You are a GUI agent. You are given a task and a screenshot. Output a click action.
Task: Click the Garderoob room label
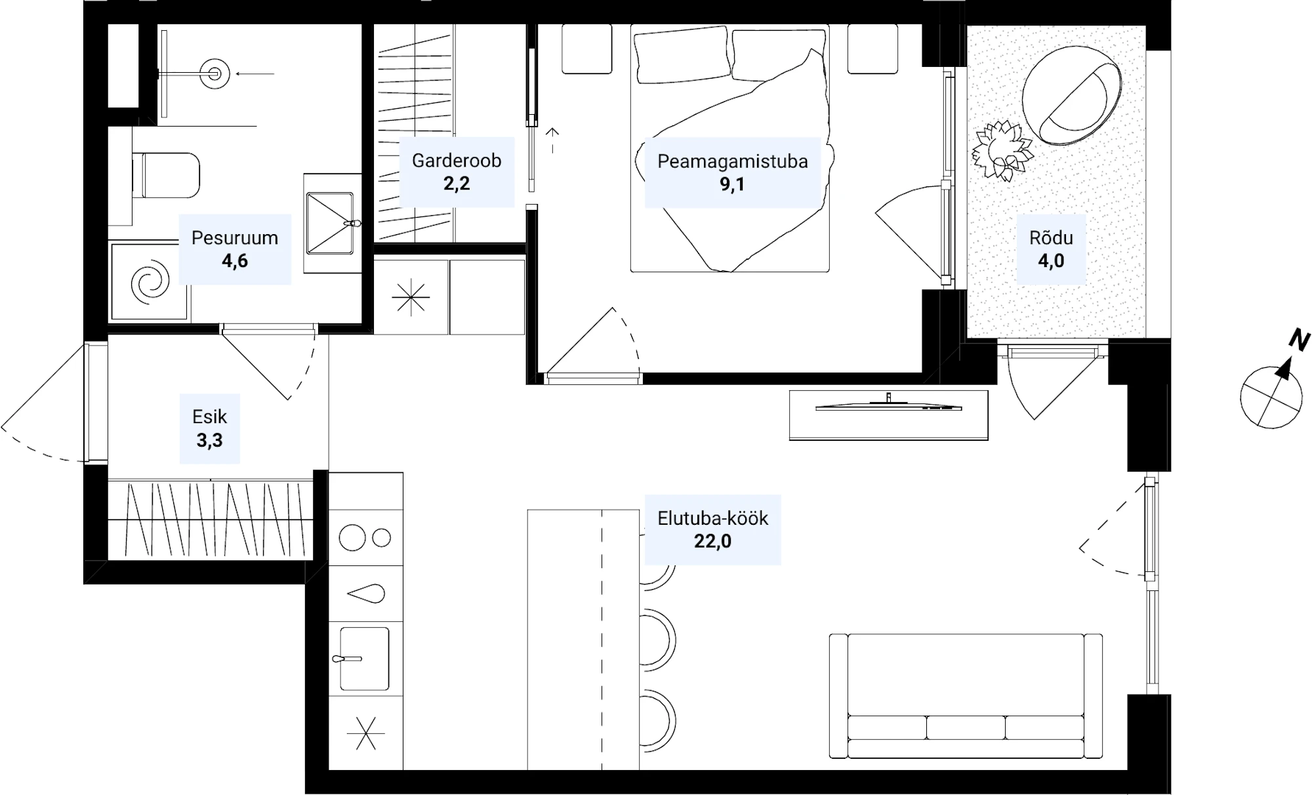coord(457,161)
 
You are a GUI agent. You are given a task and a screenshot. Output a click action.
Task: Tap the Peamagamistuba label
coord(733,161)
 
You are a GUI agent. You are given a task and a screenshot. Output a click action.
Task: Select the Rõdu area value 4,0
coord(1051,261)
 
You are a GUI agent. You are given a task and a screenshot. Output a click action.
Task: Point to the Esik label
coord(210,417)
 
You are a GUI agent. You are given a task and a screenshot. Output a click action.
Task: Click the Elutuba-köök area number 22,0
coord(712,541)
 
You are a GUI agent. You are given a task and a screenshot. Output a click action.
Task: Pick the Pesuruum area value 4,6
coord(235,261)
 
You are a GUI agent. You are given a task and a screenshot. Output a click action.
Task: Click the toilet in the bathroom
coord(165,175)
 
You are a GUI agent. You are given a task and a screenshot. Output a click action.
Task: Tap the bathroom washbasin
coord(331,223)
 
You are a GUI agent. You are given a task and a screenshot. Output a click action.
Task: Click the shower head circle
coord(215,73)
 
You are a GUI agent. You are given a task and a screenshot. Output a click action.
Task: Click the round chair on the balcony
coord(1072,96)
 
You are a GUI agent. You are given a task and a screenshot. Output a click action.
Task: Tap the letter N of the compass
coord(1300,340)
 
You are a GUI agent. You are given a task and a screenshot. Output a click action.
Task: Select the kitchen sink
coord(364,659)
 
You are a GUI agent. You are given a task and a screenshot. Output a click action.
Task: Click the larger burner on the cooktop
coord(352,538)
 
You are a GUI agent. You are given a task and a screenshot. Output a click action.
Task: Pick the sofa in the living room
coord(966,696)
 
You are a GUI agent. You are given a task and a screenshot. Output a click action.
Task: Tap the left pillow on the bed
coord(682,55)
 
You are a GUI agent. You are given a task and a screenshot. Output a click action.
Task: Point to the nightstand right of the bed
coord(872,49)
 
